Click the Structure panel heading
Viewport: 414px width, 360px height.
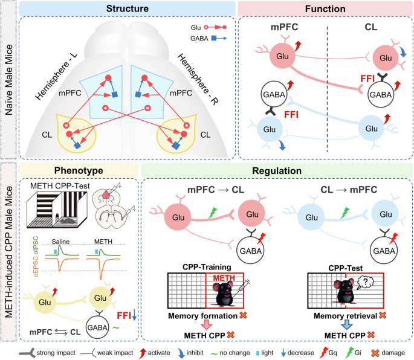coord(127,9)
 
